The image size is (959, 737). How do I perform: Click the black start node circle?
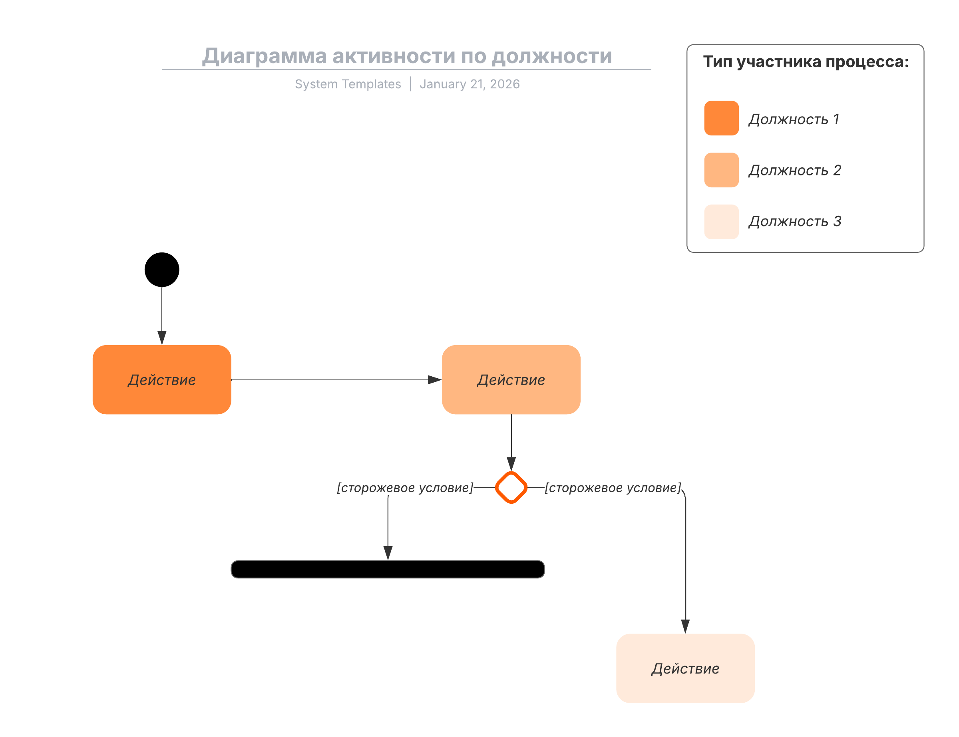[162, 269]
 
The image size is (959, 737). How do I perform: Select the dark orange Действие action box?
[162, 379]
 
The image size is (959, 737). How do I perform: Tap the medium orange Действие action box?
[511, 379]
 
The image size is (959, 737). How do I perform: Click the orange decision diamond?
[511, 487]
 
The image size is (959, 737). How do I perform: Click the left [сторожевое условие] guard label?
[404, 487]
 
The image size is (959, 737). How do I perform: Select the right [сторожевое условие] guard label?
[613, 487]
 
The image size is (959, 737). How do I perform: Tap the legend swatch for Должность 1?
[721, 118]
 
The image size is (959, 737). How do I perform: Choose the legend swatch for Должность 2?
[721, 170]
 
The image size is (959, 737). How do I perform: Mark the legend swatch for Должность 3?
[721, 222]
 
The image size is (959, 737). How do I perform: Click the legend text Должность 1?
[794, 119]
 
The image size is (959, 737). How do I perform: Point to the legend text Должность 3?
[794, 221]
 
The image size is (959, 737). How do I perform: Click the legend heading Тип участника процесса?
[806, 62]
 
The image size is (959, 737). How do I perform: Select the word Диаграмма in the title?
[264, 56]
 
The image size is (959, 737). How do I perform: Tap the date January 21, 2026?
[470, 84]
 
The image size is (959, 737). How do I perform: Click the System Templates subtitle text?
[348, 84]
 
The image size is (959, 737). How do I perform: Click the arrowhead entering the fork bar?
[388, 553]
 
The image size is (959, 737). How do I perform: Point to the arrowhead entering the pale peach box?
[685, 626]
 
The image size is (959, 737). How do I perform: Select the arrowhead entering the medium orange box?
[434, 379]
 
